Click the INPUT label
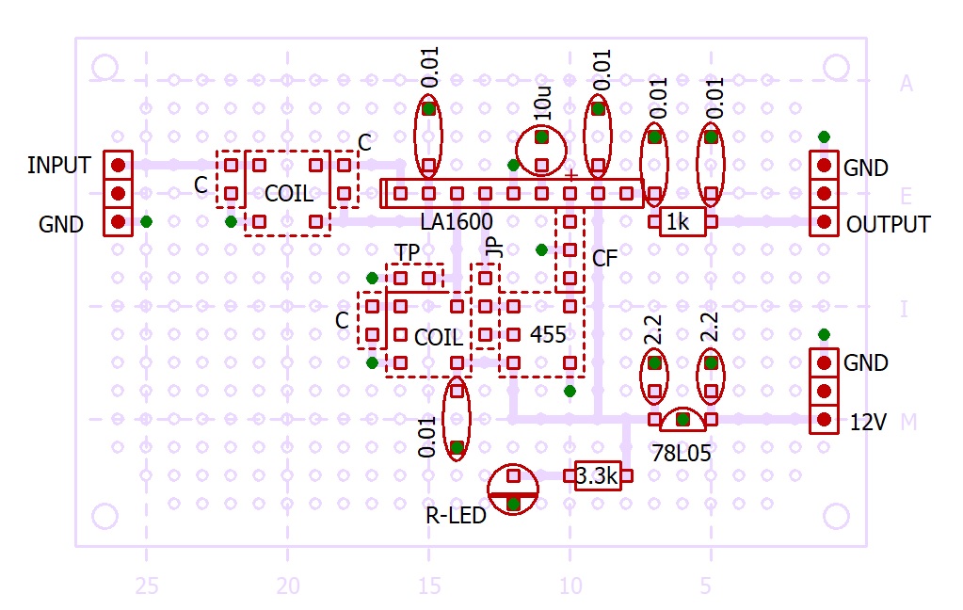point(59,166)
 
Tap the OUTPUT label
point(888,224)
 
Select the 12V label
point(868,422)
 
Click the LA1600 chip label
point(457,221)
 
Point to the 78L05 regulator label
point(682,454)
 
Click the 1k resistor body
point(682,222)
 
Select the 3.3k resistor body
point(598,475)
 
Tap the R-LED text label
point(456,516)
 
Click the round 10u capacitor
point(541,151)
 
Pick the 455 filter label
point(548,335)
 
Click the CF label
point(605,259)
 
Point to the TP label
point(407,252)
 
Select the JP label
point(494,247)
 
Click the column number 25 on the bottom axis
point(147,586)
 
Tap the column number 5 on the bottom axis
point(706,586)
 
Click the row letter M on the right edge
point(909,422)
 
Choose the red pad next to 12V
point(825,420)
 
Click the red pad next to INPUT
point(119,166)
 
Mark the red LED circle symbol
point(513,490)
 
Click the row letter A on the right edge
point(907,83)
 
